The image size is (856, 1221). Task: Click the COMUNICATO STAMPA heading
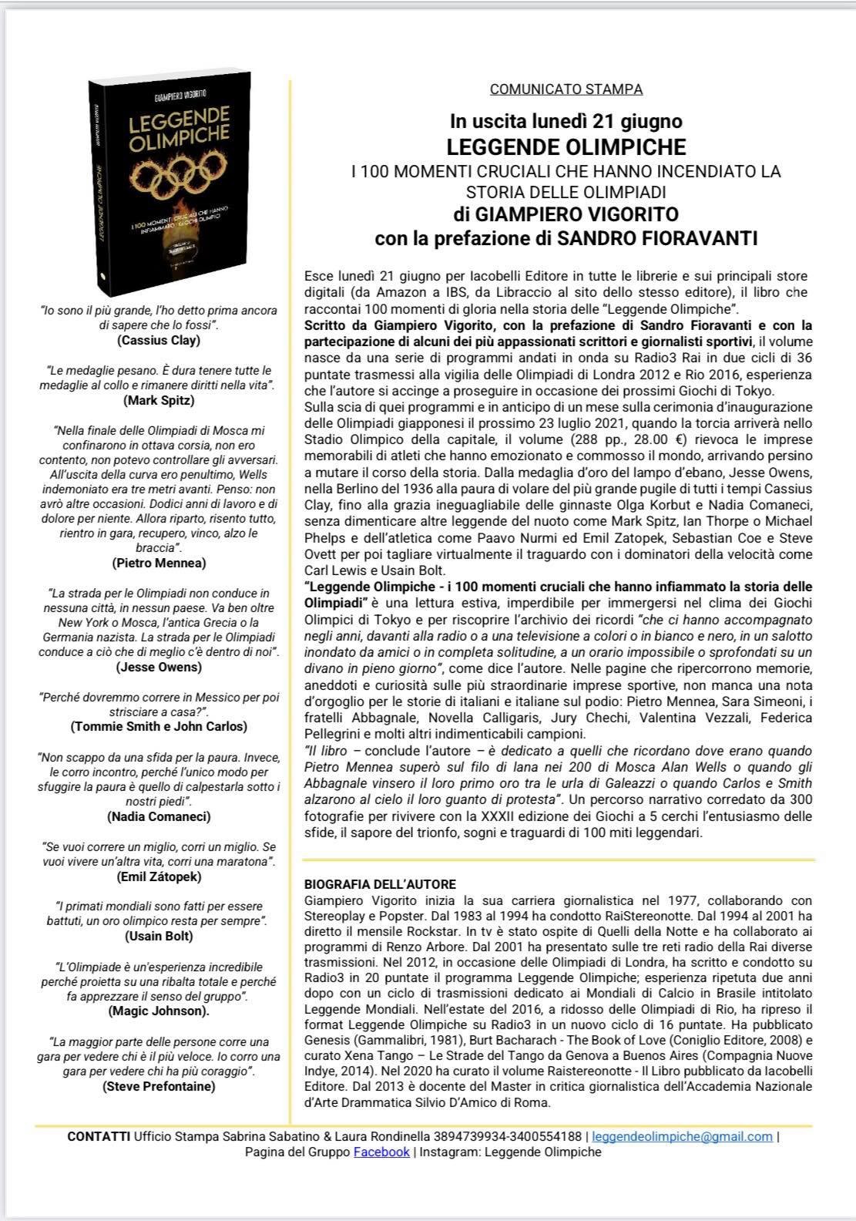[x=566, y=89]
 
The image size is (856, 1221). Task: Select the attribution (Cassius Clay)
[x=159, y=340]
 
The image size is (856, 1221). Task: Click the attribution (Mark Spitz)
[x=159, y=400]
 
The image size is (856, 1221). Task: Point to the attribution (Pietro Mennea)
[x=159, y=563]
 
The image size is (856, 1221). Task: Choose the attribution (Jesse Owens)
[x=159, y=667]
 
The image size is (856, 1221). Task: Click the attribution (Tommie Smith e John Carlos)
[x=159, y=726]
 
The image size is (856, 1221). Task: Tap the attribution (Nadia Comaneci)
[x=159, y=816]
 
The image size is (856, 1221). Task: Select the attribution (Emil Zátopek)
[x=159, y=876]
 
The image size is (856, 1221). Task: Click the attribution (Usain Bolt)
[x=159, y=937]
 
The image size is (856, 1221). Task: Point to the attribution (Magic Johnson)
[x=159, y=1011]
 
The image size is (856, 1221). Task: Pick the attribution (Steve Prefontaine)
[x=159, y=1086]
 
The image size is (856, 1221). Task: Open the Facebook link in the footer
[x=381, y=1152]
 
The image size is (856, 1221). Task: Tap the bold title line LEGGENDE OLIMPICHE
[x=566, y=146]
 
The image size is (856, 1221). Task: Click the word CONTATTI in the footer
[x=99, y=1136]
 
